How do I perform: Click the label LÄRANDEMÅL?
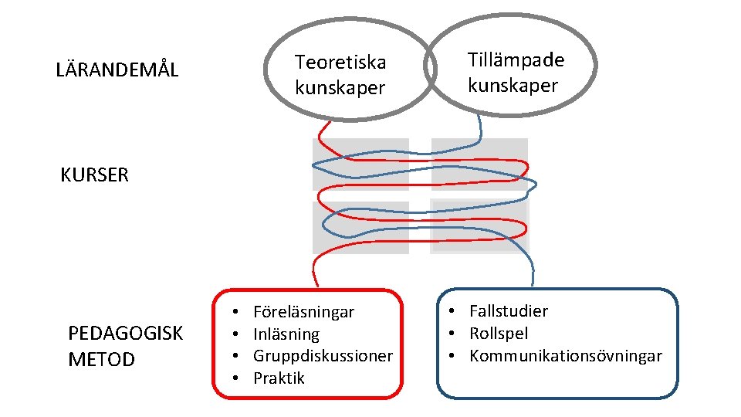[x=117, y=70]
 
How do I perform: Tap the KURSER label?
[x=94, y=175]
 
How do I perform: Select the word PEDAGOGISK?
[x=126, y=334]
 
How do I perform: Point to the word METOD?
[x=101, y=359]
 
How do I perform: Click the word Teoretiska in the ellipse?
[x=340, y=62]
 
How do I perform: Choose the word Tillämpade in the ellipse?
[x=516, y=60]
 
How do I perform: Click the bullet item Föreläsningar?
[x=303, y=312]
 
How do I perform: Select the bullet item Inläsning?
[x=286, y=334]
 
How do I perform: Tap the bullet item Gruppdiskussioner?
[x=323, y=356]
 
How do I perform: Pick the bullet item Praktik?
[x=279, y=378]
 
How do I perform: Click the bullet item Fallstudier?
[x=509, y=311]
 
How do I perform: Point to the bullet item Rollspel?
[x=499, y=334]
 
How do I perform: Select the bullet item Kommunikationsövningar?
[x=566, y=356]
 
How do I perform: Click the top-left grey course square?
[x=360, y=164]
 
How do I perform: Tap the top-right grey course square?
[x=479, y=164]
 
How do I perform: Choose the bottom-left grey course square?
[x=360, y=227]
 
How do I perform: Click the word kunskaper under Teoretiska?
[x=340, y=88]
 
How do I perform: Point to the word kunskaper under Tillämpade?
[x=513, y=86]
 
